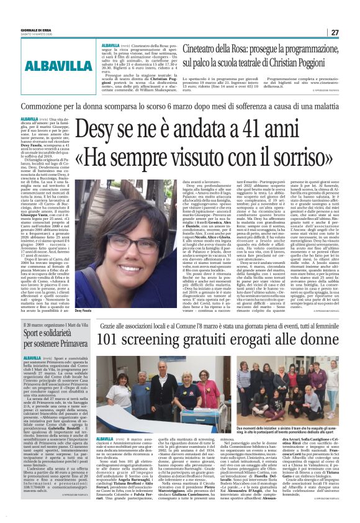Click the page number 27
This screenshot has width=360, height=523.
click(x=351, y=32)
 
